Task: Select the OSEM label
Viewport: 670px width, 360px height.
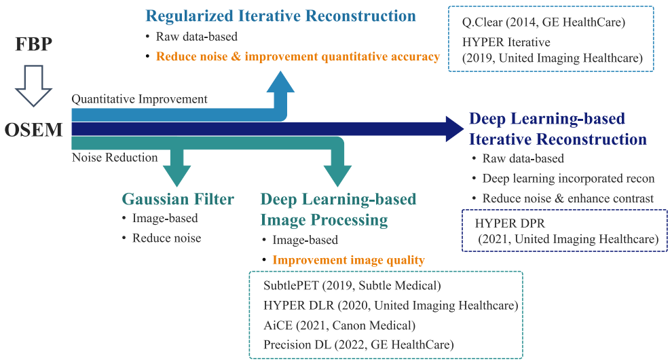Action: pyautogui.click(x=35, y=128)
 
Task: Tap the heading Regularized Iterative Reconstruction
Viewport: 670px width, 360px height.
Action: pyautogui.click(x=281, y=16)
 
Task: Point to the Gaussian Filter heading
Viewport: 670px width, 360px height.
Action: pyautogui.click(x=178, y=199)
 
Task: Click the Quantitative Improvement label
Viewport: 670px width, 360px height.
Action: pyautogui.click(x=140, y=99)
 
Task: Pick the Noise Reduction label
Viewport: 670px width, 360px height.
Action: pyautogui.click(x=115, y=158)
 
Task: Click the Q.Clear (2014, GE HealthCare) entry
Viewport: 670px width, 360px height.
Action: pyautogui.click(x=543, y=22)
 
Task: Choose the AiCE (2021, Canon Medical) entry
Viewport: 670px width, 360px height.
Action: pyautogui.click(x=339, y=325)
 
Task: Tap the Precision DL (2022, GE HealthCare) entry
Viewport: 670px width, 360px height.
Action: pyautogui.click(x=358, y=344)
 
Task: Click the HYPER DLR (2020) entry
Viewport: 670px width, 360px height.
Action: pyautogui.click(x=391, y=305)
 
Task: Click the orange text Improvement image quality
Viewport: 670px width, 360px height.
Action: pyautogui.click(x=348, y=259)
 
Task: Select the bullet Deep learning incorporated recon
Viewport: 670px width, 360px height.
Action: pyautogui.click(x=568, y=179)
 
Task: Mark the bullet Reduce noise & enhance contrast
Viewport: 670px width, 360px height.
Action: pyautogui.click(x=567, y=198)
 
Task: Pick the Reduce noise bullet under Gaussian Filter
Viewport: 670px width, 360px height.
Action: pyautogui.click(x=166, y=238)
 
